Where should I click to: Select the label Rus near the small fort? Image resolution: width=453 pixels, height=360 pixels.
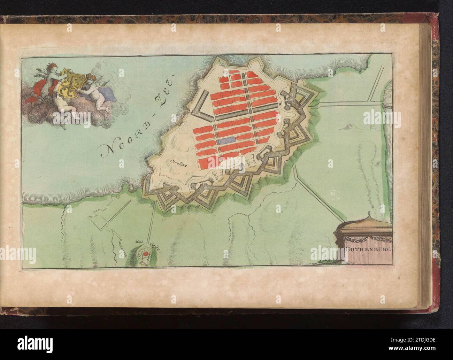(x=139, y=240)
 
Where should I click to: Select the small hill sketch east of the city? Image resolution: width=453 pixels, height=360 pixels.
(x=345, y=127)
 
